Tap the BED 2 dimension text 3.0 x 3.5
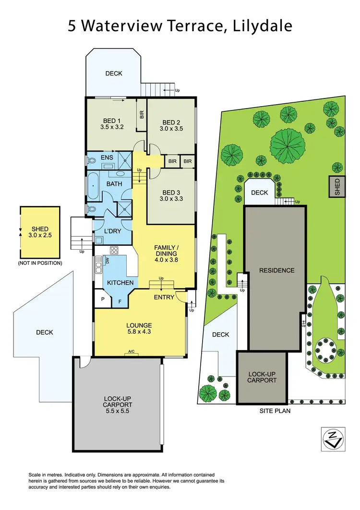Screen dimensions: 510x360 click(x=172, y=129)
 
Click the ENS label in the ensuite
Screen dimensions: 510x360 click(x=107, y=158)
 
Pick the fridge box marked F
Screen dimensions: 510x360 click(x=120, y=302)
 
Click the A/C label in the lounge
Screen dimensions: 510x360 click(x=132, y=352)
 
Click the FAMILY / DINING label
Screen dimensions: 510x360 click(x=166, y=250)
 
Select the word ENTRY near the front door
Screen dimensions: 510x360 click(x=164, y=298)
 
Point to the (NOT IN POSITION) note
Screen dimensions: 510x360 click(x=40, y=263)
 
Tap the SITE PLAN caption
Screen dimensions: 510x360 click(x=275, y=411)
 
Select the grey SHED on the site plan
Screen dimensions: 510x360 click(x=337, y=186)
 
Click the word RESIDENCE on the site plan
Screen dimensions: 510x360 click(x=276, y=270)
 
